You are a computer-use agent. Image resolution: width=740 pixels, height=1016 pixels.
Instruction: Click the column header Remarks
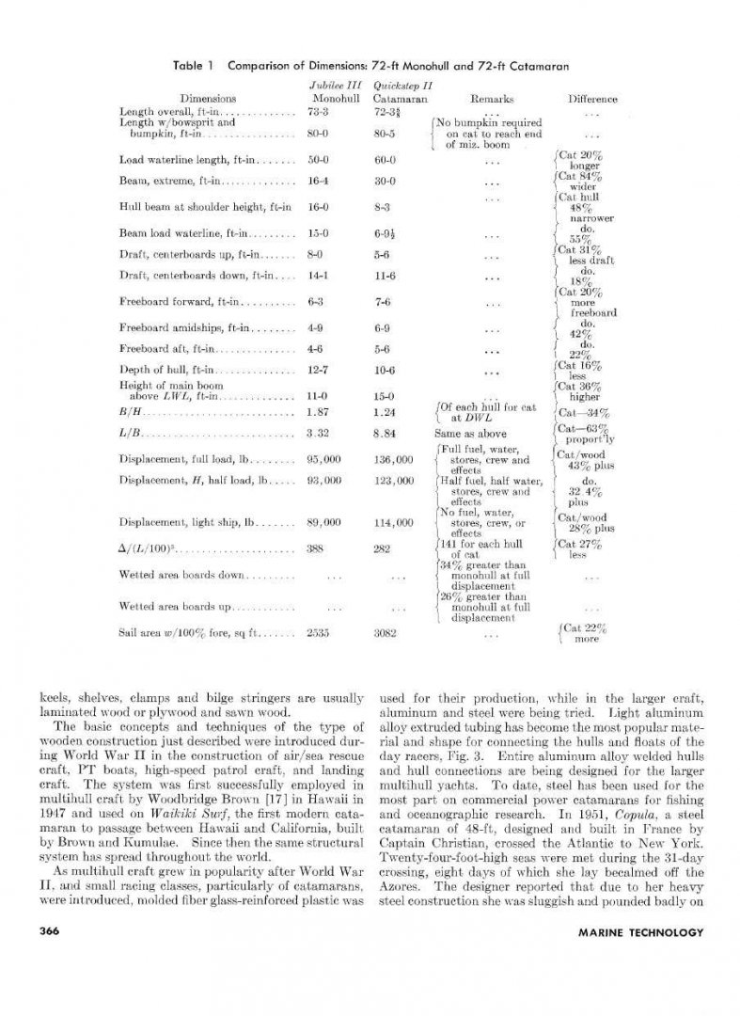pyautogui.click(x=487, y=98)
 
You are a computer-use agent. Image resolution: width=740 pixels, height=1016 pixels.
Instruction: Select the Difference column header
pyautogui.click(x=591, y=98)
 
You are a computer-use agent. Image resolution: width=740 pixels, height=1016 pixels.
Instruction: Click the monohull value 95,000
pyautogui.click(x=323, y=459)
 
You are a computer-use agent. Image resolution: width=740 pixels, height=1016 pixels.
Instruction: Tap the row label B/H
pyautogui.click(x=128, y=411)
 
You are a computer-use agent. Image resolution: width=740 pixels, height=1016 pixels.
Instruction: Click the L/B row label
pyautogui.click(x=128, y=435)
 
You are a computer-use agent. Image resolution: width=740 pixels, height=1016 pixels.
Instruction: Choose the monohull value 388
pyautogui.click(x=316, y=546)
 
